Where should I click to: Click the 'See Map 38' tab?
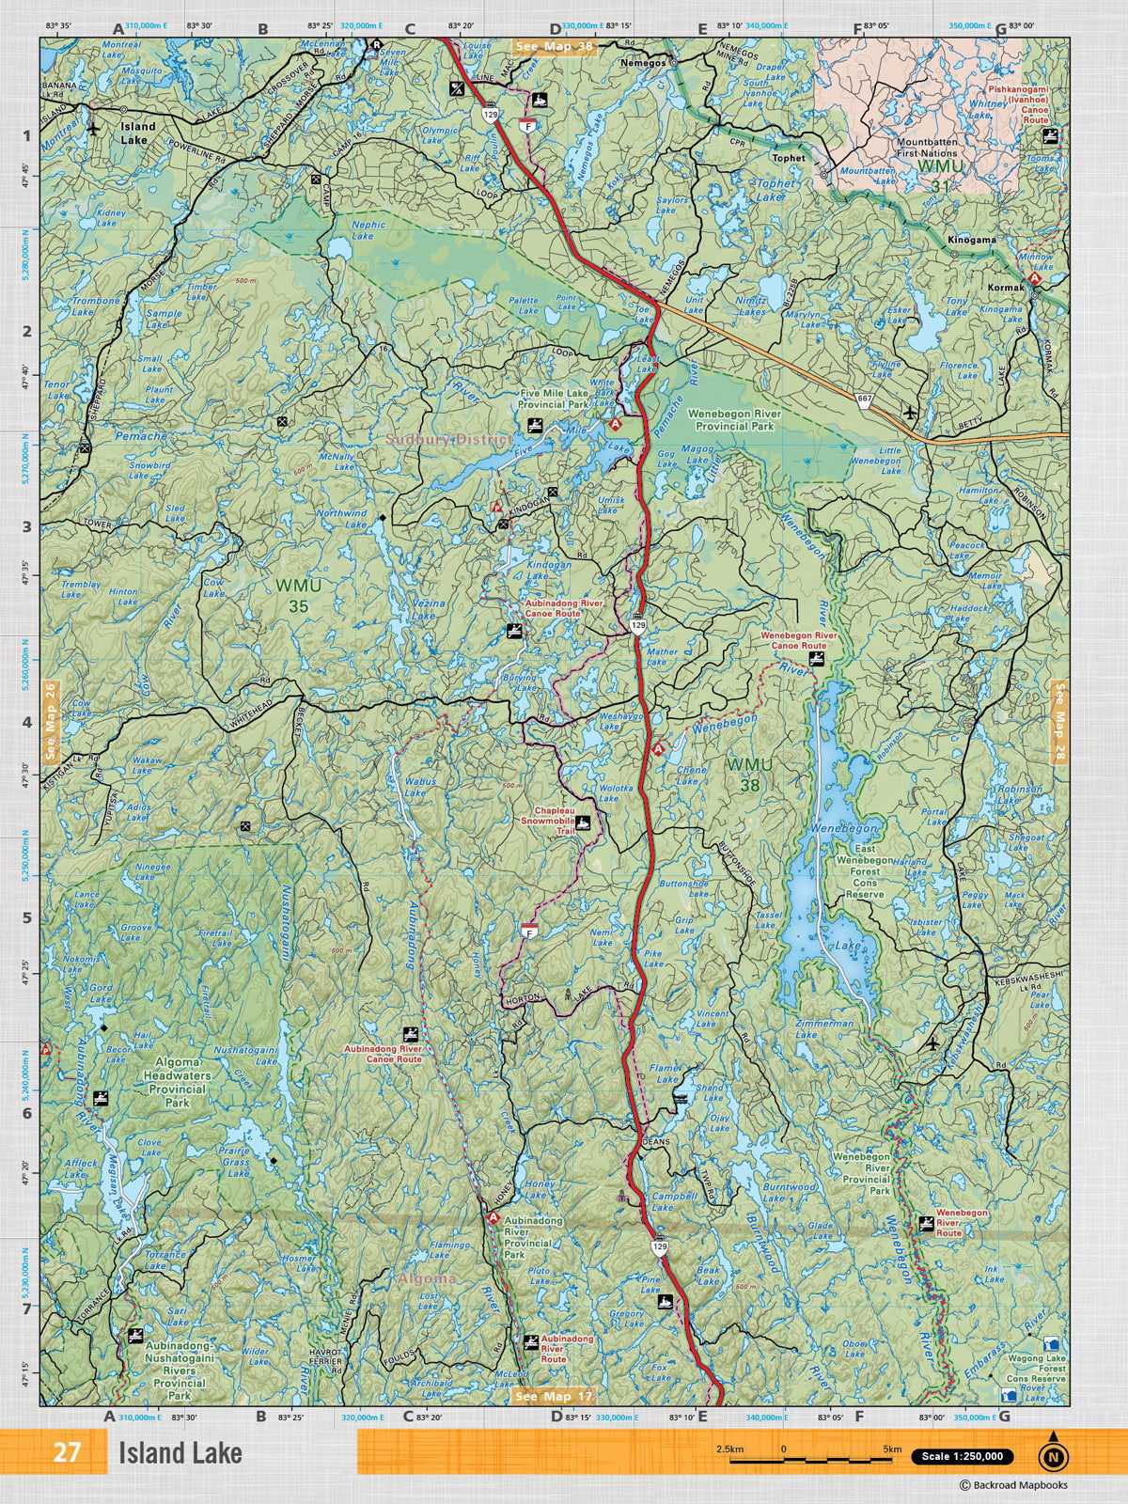[556, 45]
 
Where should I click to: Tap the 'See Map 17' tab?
[556, 1396]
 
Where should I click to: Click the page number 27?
[66, 1452]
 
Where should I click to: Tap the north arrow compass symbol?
[1053, 1455]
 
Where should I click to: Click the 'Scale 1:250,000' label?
[962, 1457]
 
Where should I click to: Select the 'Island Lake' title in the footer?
[180, 1453]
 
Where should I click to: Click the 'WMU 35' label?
[291, 595]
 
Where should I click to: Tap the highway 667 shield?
[864, 400]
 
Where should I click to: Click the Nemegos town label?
[644, 62]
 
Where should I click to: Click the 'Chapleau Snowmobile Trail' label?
[553, 821]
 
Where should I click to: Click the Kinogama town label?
[973, 240]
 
